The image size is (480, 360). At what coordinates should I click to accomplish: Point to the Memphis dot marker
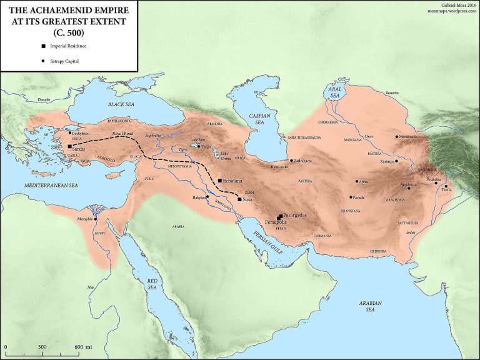[96, 219]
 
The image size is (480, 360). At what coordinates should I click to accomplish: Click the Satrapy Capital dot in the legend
[42, 61]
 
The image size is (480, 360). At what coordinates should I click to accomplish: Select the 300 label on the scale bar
[42, 346]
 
